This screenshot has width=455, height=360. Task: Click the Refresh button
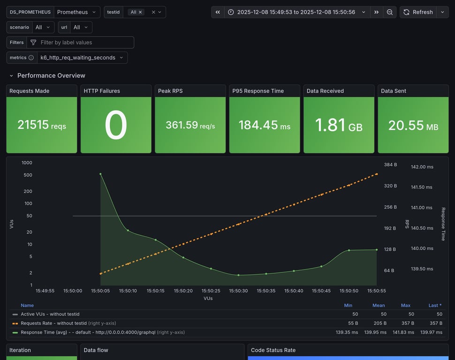click(x=418, y=12)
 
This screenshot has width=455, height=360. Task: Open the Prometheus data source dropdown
click(x=76, y=12)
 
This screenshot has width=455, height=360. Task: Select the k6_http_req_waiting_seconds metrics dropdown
click(x=82, y=58)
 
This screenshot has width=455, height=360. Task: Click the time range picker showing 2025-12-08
click(x=297, y=12)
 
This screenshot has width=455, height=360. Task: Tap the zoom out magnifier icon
click(x=390, y=12)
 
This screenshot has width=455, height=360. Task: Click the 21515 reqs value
click(x=42, y=125)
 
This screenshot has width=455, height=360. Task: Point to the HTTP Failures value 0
click(x=116, y=125)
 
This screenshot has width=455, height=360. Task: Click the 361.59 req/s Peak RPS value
click(x=190, y=125)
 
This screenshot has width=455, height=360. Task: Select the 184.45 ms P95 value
click(x=265, y=125)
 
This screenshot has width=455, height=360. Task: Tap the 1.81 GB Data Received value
click(x=339, y=125)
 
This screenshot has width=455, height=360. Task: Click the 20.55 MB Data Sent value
click(x=413, y=125)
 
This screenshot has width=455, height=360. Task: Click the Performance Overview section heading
click(x=51, y=75)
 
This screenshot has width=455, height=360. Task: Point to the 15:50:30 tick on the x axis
click(x=238, y=291)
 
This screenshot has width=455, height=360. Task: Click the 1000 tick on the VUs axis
click(x=27, y=163)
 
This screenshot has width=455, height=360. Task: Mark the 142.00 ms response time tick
click(x=422, y=167)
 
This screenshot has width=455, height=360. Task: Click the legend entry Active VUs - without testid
click(x=50, y=314)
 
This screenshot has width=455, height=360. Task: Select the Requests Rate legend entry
click(x=53, y=323)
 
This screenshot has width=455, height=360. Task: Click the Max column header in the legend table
click(x=406, y=305)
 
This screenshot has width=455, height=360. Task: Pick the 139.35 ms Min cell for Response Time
click(x=346, y=332)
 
